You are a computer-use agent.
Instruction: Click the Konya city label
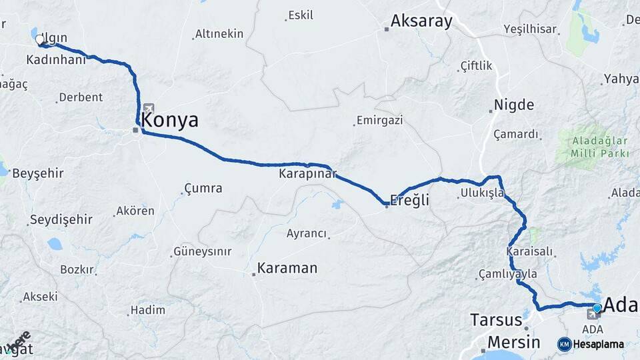coord(170,121)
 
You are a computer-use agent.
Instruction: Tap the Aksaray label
coord(421,21)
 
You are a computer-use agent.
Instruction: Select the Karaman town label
coord(288,268)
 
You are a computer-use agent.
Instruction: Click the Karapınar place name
coord(307,174)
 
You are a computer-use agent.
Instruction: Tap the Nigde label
coord(513,105)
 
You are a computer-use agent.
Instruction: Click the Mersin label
coord(513,342)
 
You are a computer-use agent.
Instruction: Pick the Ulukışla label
coord(480,194)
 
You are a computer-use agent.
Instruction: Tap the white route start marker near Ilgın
coord(39,40)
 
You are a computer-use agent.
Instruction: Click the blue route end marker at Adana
coord(597,308)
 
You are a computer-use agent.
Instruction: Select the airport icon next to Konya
coord(147,108)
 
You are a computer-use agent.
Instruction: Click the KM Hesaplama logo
coord(591,344)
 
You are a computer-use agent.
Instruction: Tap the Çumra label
coord(203,189)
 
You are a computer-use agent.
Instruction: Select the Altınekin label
coord(219,34)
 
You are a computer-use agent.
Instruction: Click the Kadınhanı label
coord(56,60)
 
